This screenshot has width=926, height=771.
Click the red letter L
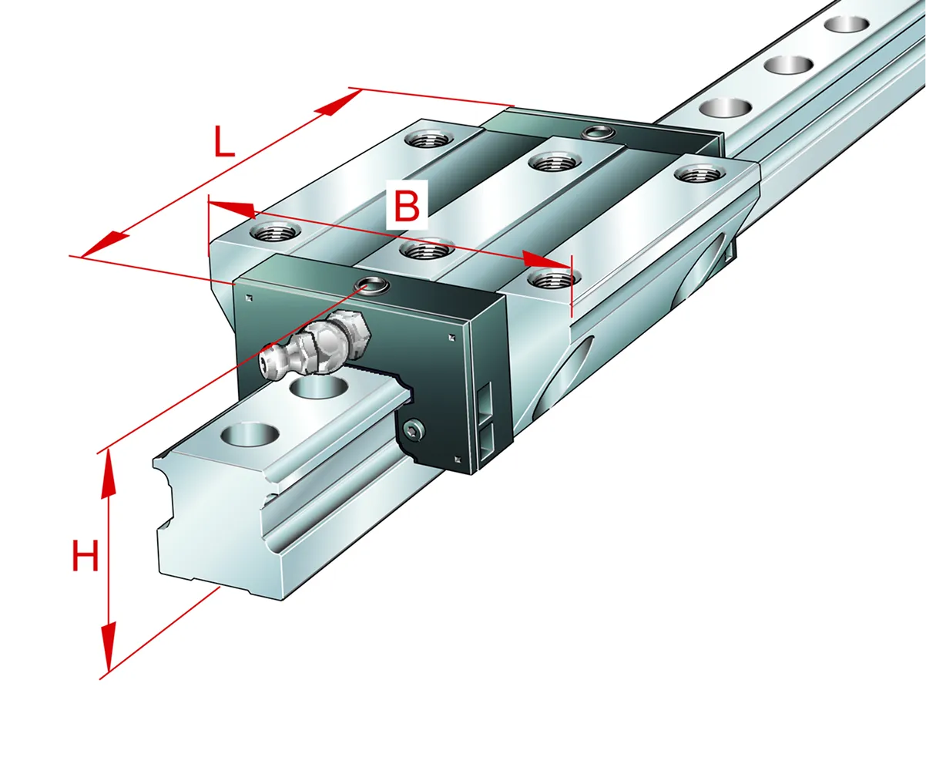click(x=224, y=142)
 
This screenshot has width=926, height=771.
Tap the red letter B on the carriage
click(x=407, y=204)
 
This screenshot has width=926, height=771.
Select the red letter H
click(x=86, y=555)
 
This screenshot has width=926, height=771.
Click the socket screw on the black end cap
click(x=414, y=429)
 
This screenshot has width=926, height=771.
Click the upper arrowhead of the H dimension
click(x=108, y=474)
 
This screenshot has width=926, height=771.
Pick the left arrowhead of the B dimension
click(x=231, y=209)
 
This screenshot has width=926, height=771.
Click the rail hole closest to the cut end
click(x=250, y=435)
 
